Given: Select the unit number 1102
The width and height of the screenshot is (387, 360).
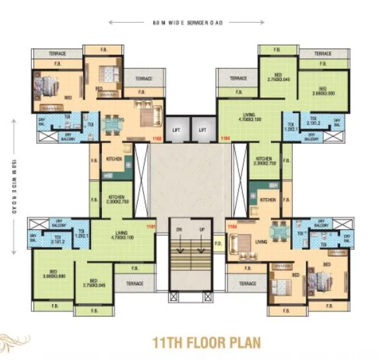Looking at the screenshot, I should tap(156, 138).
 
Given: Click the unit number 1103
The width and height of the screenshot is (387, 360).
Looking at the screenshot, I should tap(226, 138).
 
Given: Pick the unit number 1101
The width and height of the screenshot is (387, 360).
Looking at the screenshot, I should tap(151, 226).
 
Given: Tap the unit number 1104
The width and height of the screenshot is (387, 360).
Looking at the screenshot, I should tap(232, 226).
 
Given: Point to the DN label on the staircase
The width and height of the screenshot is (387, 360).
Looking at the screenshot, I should tap(180, 229).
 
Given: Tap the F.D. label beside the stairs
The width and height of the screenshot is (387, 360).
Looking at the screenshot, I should tap(219, 245).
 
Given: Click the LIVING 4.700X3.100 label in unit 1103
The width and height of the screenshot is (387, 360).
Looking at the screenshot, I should tap(249, 118).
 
